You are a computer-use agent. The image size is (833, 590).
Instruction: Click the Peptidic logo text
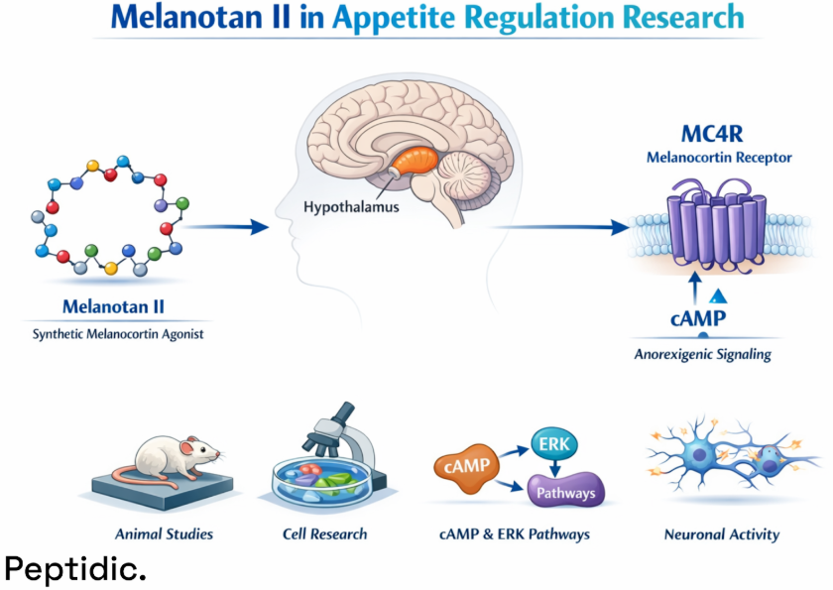[75, 568]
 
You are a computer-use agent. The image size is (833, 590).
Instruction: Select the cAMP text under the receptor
[693, 318]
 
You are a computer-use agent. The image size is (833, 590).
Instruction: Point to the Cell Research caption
[324, 533]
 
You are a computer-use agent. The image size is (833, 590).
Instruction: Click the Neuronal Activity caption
[722, 533]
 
